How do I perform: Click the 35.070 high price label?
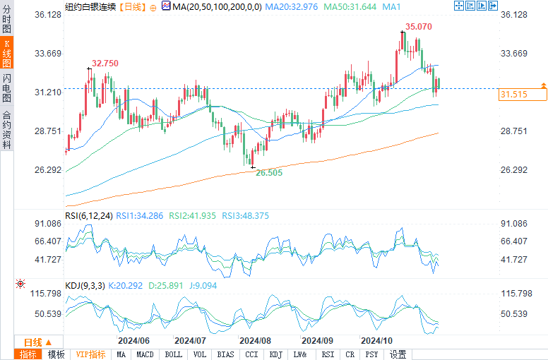coord(417,27)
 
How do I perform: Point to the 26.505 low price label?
coord(269,172)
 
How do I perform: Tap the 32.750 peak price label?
coord(105,64)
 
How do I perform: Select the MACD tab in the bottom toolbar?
coord(145,354)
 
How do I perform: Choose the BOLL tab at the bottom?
coord(173,354)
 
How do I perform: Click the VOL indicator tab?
coord(200,354)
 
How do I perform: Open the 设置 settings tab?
coord(398,354)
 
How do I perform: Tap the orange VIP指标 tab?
coord(90,354)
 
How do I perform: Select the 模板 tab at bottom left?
coord(56,354)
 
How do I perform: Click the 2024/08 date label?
coord(255,340)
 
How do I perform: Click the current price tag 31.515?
coord(513,94)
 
